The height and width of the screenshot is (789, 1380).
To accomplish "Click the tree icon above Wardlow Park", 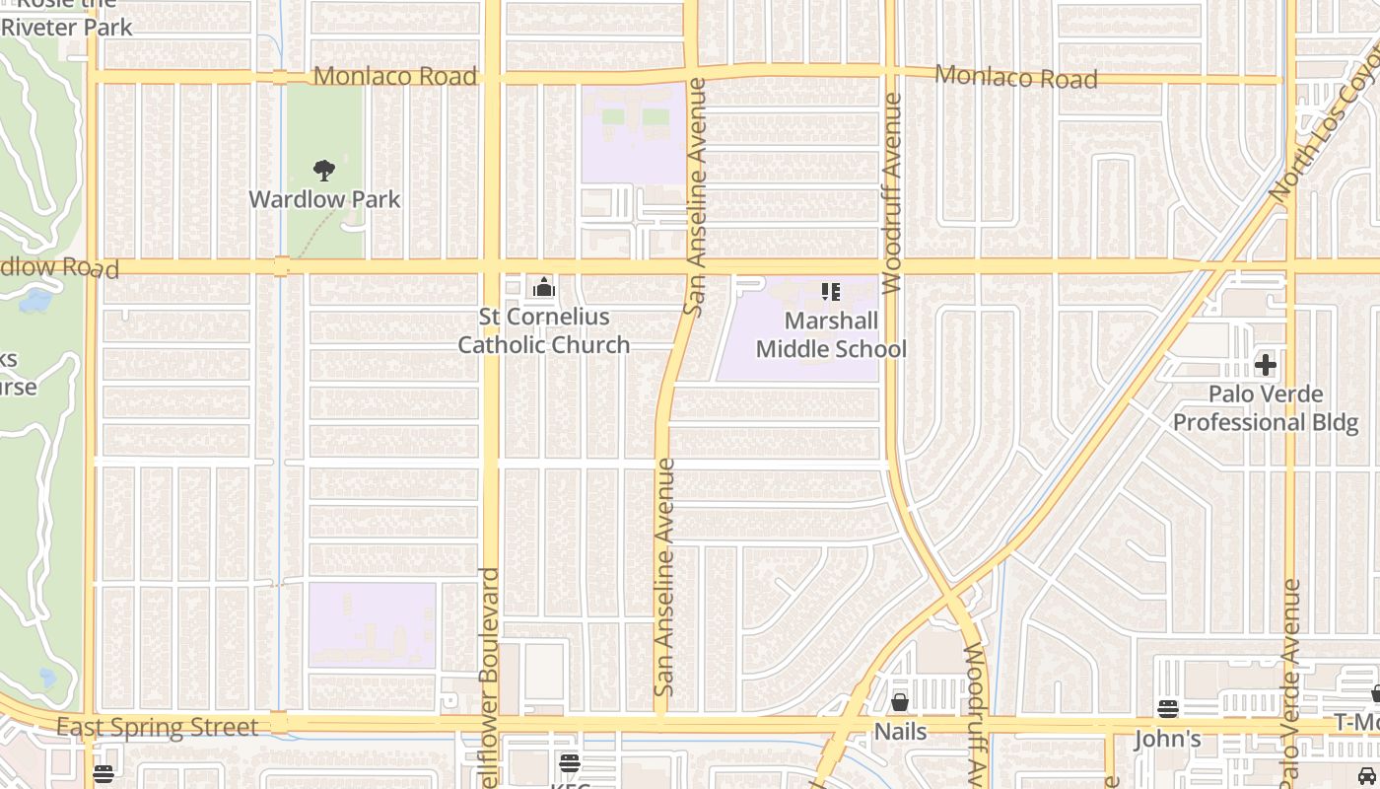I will coord(323,171).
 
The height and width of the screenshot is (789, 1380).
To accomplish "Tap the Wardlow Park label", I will coord(324,199).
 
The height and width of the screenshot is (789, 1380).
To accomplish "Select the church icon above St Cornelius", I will coord(543,288).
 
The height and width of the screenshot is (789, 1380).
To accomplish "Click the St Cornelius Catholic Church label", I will coord(543,331).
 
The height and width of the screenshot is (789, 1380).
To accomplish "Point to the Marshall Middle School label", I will coord(831,335).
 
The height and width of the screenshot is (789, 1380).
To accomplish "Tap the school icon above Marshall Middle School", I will coord(830,292).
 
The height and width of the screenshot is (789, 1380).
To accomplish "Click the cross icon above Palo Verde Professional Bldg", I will coord(1265,365).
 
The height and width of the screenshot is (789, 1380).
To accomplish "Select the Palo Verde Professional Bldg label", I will coord(1266,408).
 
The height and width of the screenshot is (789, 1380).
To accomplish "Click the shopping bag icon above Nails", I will coord(899,702).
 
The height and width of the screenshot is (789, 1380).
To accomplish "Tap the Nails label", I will coord(900,731).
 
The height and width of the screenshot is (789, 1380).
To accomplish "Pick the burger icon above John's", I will coord(1168,709).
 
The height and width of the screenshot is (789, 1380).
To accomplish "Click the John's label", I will coord(1168,739).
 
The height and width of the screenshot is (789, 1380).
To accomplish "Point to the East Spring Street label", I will coord(157,728).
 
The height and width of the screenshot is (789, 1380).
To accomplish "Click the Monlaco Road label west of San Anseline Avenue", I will coord(394,76).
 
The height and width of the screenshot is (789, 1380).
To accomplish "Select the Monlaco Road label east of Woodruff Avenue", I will coord(1015,77).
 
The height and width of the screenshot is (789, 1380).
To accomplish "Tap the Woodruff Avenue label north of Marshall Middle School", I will coord(893,193).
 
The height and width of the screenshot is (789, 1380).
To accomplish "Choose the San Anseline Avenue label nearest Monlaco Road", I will coord(696,197).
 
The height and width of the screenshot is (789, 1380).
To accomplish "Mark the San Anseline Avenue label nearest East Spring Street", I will coord(665,577).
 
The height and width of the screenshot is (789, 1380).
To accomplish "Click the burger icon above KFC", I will coord(569,763).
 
